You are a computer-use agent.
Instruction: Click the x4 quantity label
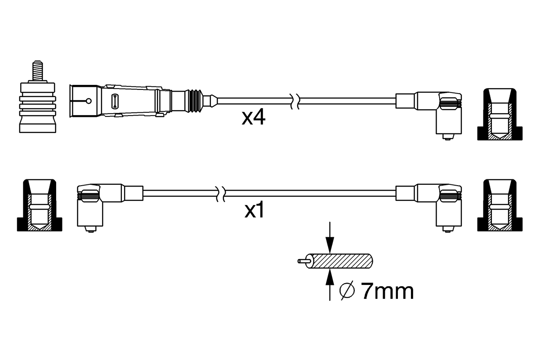click(x=253, y=118)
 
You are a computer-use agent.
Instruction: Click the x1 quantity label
click(x=254, y=211)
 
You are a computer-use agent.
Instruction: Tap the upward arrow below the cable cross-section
click(x=329, y=285)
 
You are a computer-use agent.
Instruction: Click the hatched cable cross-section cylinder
click(x=341, y=261)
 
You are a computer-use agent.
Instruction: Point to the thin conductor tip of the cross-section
click(x=303, y=261)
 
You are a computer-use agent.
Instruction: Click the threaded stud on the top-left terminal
click(x=37, y=70)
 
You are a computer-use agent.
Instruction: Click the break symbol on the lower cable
click(x=220, y=194)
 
